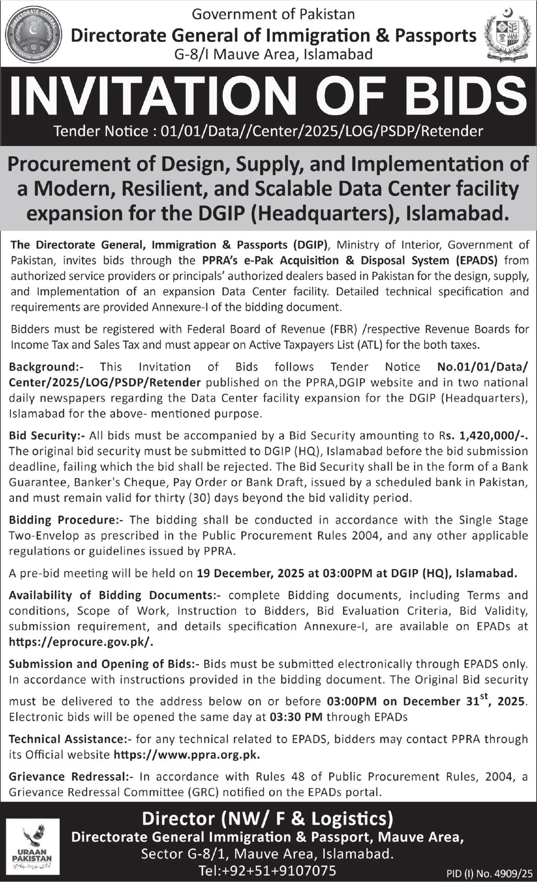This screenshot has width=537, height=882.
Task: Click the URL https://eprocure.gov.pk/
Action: coord(81,642)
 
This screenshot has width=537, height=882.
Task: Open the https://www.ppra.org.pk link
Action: coord(186,754)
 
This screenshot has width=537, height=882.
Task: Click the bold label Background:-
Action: coord(46,367)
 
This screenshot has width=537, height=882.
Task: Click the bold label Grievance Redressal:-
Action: coord(71,776)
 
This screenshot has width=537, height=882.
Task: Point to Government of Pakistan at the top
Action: coord(273,14)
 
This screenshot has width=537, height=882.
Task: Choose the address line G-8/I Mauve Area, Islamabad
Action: coord(273,54)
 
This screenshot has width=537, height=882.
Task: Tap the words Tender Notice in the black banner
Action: coord(101,131)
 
